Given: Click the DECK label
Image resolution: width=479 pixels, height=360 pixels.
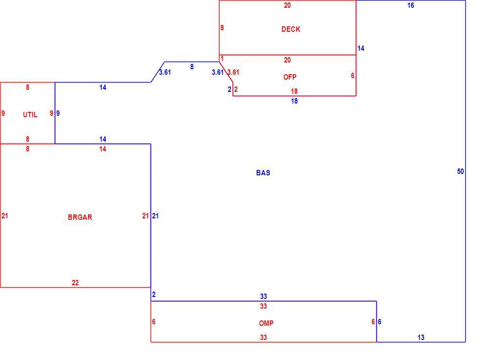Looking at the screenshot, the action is click(x=291, y=29).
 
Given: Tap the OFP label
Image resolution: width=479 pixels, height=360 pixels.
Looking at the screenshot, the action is click(x=290, y=77).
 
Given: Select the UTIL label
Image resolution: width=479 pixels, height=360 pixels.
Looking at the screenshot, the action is click(x=30, y=115).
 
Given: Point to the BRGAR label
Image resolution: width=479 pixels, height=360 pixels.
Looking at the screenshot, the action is click(x=80, y=217).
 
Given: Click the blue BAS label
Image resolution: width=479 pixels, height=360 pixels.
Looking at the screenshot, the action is click(x=263, y=173).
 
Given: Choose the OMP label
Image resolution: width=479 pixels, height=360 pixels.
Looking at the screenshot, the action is click(x=266, y=323).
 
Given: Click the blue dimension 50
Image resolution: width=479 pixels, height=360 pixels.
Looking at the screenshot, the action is click(x=460, y=171).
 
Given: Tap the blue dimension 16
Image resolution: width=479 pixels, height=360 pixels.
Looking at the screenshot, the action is click(x=411, y=5).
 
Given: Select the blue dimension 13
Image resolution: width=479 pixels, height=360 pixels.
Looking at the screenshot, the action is click(x=421, y=338).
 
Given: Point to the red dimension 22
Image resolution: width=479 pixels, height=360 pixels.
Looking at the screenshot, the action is click(x=75, y=283).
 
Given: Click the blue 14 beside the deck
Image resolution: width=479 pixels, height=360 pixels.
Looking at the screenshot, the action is click(x=361, y=48).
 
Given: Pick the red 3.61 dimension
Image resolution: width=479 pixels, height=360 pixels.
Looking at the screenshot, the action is click(x=234, y=72).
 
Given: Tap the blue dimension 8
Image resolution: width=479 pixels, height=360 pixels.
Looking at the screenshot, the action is click(x=192, y=67).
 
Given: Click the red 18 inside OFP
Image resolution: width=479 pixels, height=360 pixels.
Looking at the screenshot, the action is click(x=294, y=91).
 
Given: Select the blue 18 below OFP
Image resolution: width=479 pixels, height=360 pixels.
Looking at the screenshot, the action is click(x=294, y=101).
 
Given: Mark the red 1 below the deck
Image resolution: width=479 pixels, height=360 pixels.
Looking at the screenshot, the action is click(x=222, y=59).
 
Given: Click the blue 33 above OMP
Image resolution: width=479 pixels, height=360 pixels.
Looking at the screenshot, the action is click(x=263, y=296).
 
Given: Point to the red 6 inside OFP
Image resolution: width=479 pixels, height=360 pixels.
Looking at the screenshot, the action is click(x=352, y=75).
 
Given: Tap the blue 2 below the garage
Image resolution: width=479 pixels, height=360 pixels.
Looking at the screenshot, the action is click(x=154, y=295).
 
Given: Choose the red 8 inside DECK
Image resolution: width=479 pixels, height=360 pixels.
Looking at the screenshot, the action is click(x=222, y=28).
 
